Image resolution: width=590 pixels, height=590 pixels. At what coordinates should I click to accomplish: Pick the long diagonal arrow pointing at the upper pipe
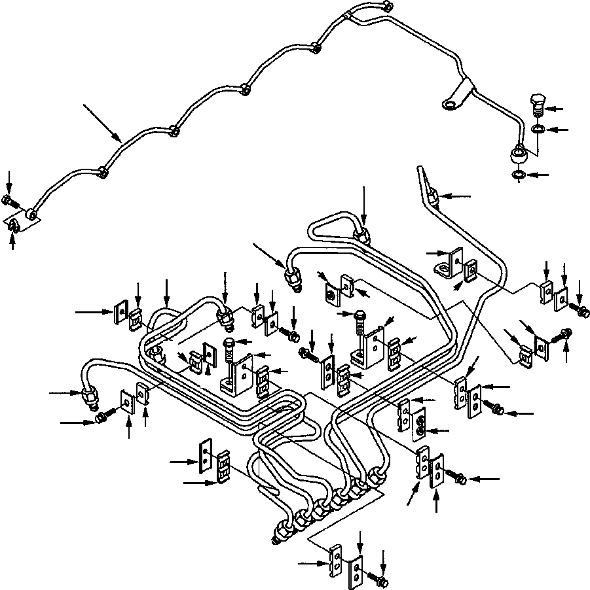102,122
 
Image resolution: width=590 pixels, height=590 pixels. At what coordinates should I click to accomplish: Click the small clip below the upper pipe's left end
12,226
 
